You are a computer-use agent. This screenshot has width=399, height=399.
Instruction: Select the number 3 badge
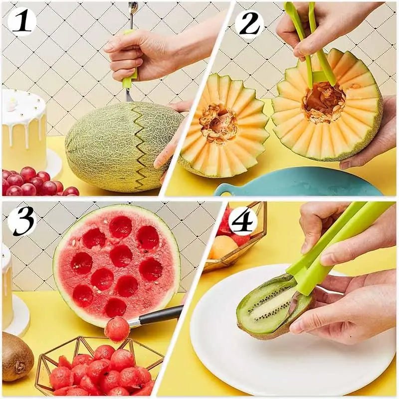pyautogui.click(x=21, y=220)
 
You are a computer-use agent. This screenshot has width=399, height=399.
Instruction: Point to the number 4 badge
pyautogui.click(x=243, y=221)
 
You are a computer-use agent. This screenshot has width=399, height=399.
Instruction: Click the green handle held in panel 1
pyautogui.click(x=131, y=70)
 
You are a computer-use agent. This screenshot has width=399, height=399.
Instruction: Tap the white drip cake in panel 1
pyautogui.click(x=23, y=125)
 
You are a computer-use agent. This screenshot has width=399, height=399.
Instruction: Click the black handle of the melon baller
pyautogui.click(x=160, y=315)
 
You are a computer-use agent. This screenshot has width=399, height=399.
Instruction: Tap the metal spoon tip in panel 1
pyautogui.click(x=132, y=8)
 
